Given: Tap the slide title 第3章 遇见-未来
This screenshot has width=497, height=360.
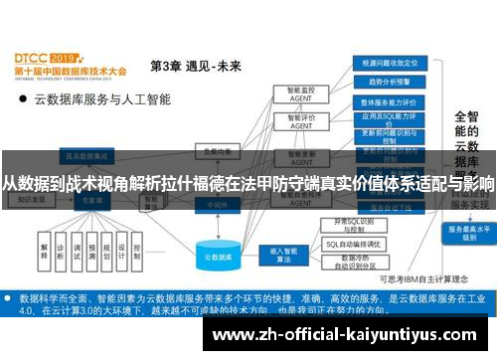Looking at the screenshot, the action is coord(195,67).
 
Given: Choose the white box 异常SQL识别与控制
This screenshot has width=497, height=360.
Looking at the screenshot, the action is coord(355,224).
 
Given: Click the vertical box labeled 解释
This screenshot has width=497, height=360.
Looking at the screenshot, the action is coord(45,251).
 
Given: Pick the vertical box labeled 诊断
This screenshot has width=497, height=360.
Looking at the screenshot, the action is coord(64,251).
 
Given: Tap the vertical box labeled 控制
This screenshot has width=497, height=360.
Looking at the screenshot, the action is coord(137,251).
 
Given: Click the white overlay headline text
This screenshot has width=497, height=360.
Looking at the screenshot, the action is coord(248,184).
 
